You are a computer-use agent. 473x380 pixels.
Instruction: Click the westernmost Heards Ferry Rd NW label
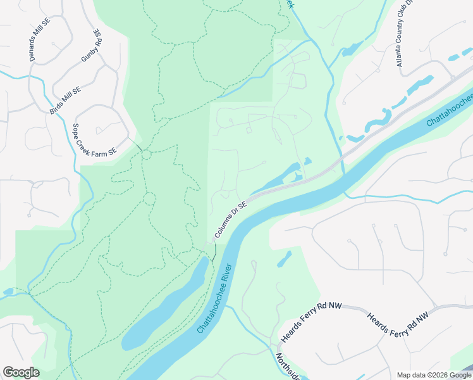tap(311, 322)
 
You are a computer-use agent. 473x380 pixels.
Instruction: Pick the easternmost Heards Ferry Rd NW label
tap(398, 322)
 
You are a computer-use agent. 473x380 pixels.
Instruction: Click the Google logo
tap(21, 372)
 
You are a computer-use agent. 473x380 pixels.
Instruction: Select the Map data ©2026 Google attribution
tap(434, 375)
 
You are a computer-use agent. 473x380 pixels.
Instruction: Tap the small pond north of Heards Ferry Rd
tap(284, 258)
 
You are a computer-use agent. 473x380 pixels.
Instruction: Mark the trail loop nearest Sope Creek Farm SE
tap(146, 155)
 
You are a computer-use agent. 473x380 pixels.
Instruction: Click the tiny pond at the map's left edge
tap(8, 292)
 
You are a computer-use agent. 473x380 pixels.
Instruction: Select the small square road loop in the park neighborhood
tap(249, 130)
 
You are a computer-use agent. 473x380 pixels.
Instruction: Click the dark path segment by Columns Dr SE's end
tap(214, 253)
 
